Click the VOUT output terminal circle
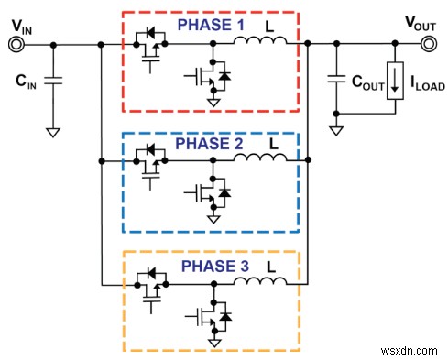tap(429, 43)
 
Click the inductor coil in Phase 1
tap(258, 40)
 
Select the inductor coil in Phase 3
tap(258, 281)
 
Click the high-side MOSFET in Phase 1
tap(150, 53)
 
